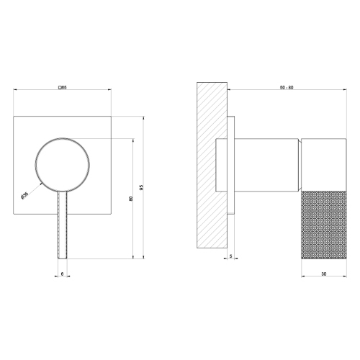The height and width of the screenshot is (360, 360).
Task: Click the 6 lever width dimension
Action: click(x=62, y=274)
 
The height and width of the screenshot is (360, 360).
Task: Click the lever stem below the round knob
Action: click(x=62, y=223)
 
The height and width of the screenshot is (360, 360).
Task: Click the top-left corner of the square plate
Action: click(x=15, y=113)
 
